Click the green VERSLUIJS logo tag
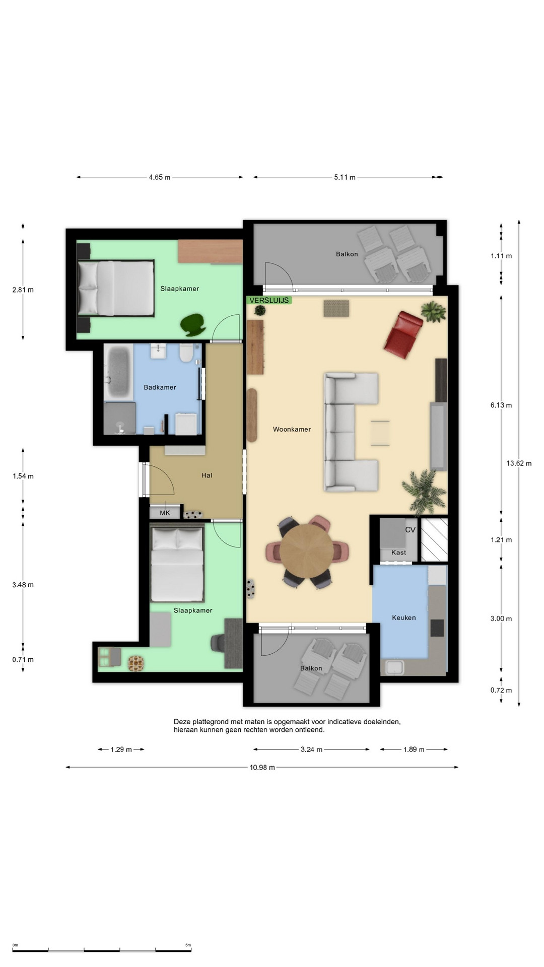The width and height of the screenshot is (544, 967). tap(269, 300)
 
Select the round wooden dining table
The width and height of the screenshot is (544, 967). tap(307, 551)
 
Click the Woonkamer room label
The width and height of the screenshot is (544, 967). tap(292, 430)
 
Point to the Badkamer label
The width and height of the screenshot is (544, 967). tap(160, 387)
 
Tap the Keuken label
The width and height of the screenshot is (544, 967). tap(404, 618)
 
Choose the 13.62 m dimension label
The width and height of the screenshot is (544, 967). tap(519, 463)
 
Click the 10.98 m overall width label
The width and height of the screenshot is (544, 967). tap(262, 768)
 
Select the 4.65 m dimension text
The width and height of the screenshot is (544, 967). tap(159, 177)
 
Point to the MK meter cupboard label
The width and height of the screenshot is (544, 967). tap(165, 513)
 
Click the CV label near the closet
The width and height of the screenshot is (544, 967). tap(410, 530)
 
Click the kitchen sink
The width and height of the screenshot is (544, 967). tap(394, 668)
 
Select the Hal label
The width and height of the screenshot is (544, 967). tap(207, 475)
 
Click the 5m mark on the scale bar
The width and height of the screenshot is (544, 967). tap(188, 945)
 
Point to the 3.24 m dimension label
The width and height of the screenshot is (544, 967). tap(311, 749)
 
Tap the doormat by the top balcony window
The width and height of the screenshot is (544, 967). tap(336, 308)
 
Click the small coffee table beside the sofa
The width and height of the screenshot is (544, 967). tap(380, 433)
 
